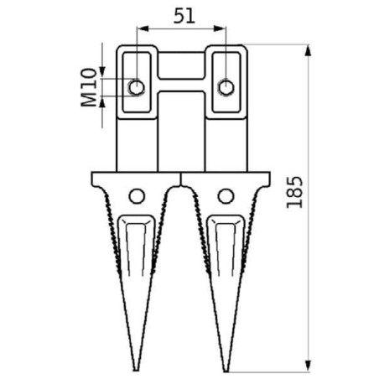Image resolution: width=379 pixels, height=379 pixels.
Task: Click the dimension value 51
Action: (180, 15)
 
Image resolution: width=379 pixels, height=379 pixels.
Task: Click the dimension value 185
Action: (294, 194)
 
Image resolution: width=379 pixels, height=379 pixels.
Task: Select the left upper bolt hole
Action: (136, 86)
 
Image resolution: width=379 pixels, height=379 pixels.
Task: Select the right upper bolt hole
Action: (225, 86)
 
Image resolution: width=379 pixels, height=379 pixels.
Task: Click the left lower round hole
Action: (137, 196)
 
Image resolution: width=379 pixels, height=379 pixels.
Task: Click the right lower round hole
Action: (225, 196)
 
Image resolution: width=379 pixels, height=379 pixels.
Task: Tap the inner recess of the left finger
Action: (137, 252)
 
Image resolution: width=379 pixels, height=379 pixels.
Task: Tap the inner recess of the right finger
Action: (224, 252)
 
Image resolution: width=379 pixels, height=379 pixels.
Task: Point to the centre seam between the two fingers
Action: (181, 180)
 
